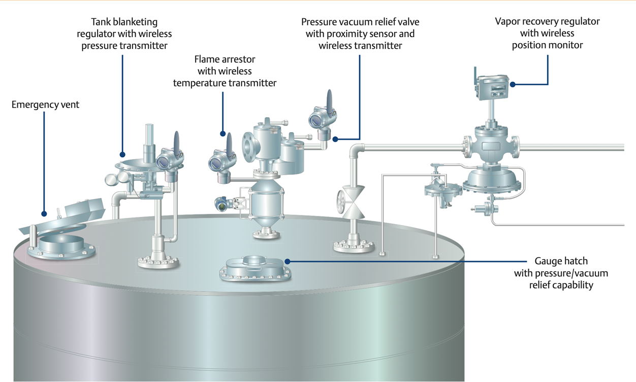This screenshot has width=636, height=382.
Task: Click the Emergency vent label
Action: (x=45, y=105)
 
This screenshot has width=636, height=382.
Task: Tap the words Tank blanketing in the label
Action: (x=124, y=22)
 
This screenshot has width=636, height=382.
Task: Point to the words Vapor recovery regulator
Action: (x=547, y=22)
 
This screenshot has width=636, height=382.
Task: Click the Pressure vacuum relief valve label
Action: (x=360, y=22)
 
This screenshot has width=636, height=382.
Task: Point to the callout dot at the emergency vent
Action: (x=44, y=214)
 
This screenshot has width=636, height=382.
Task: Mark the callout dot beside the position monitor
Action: (x=513, y=84)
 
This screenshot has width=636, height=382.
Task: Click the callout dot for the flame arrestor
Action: (x=222, y=134)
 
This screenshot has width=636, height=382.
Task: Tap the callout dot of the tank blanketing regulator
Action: (x=122, y=154)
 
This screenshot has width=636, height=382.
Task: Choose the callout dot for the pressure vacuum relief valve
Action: (x=335, y=139)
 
